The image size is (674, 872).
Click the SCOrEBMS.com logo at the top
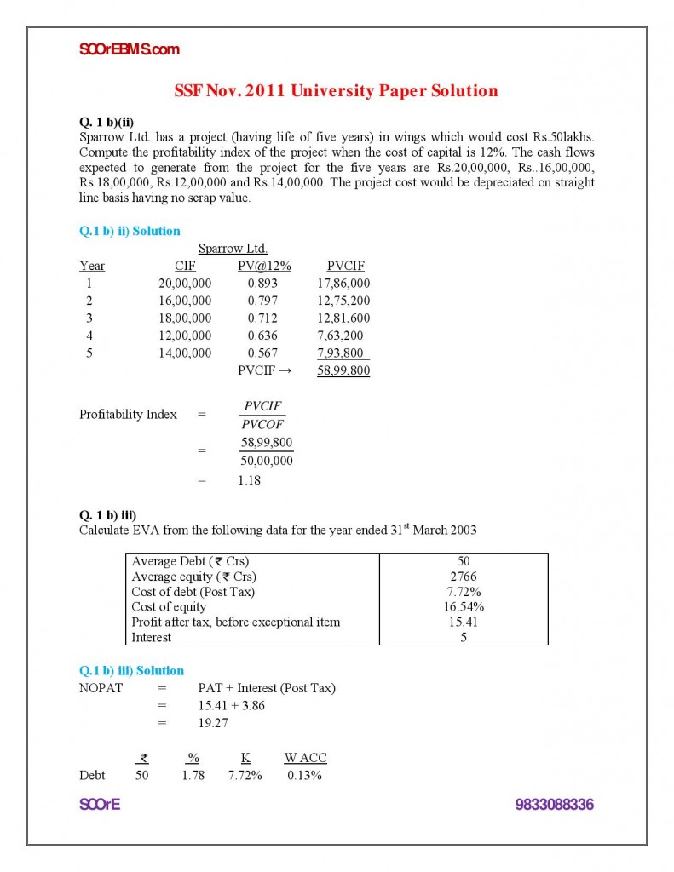point(129,49)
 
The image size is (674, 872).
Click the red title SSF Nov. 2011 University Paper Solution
point(336,91)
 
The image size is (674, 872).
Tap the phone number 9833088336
point(554,805)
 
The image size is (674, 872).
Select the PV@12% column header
point(264,266)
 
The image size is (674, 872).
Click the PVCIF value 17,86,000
point(343,284)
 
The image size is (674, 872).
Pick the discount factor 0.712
point(263,318)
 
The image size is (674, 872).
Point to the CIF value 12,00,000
point(185,336)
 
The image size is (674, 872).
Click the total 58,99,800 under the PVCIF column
point(343,370)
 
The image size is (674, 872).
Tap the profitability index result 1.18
point(250,480)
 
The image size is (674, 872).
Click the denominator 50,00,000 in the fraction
point(267,461)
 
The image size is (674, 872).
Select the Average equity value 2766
point(463,577)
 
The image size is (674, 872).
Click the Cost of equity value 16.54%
point(463,607)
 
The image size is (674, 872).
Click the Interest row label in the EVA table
point(151,637)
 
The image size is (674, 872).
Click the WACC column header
point(305,758)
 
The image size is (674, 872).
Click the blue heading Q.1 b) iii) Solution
point(131,670)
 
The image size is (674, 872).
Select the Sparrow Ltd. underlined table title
point(233,249)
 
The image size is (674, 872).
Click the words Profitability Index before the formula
point(128,415)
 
